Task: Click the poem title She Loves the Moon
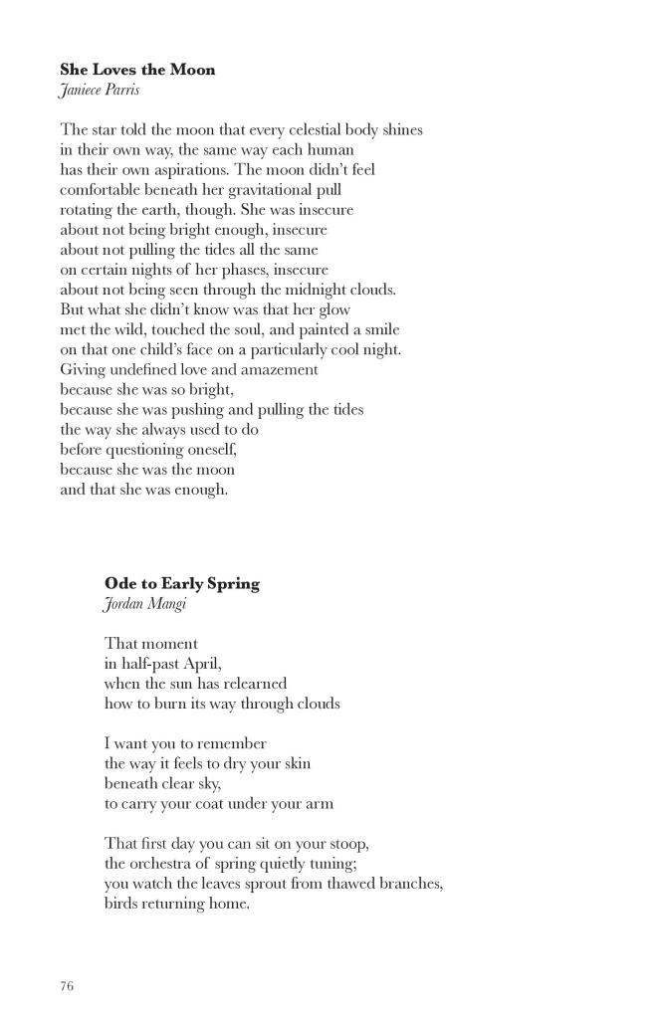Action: tap(137, 70)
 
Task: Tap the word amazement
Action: tap(280, 369)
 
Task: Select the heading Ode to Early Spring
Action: tap(181, 583)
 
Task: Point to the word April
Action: tap(197, 664)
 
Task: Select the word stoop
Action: tap(348, 843)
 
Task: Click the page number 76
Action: tap(67, 986)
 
